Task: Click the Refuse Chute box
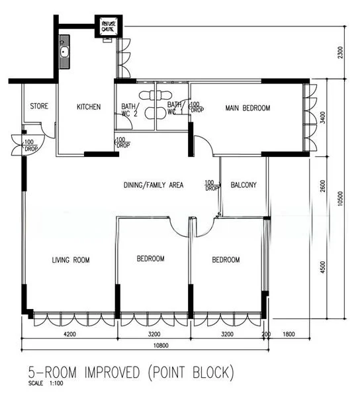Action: coord(109,26)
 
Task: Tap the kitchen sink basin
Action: coord(64,52)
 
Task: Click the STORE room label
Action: coord(39,106)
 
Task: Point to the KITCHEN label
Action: coord(89,107)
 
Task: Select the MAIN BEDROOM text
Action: coord(247,108)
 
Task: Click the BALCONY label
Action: coord(244,185)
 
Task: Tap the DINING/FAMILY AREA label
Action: coord(154,185)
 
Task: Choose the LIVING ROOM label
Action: coord(71,260)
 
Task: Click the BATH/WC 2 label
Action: coord(130,110)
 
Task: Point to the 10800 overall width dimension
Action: coord(161,345)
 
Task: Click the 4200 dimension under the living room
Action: coord(69,334)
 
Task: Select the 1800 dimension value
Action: coord(289,334)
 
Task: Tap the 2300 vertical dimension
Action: coord(341,52)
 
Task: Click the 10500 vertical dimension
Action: coord(341,198)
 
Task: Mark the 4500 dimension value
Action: coord(322,267)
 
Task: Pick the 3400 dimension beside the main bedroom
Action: coord(322,118)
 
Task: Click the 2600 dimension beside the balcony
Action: coord(322,186)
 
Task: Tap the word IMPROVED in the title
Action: coord(112,373)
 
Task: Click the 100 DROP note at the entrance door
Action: coord(31,146)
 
